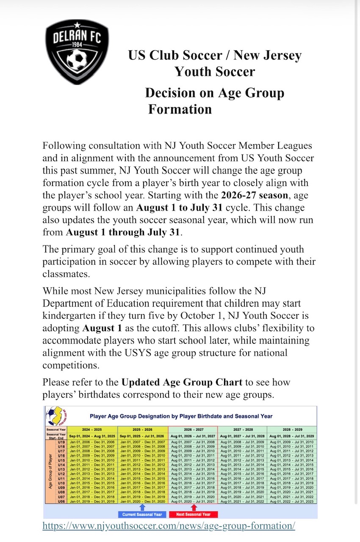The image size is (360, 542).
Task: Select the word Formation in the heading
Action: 180,109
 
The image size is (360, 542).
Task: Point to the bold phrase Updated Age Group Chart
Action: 182,382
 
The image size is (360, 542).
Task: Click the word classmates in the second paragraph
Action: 66,274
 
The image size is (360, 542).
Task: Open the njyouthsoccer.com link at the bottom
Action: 169,526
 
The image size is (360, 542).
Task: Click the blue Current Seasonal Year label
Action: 142,514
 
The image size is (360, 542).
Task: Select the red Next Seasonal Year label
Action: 194,514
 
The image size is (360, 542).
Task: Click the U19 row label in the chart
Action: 61,441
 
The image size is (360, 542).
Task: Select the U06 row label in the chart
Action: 61,501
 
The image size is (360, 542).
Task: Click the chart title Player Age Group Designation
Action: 181,416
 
